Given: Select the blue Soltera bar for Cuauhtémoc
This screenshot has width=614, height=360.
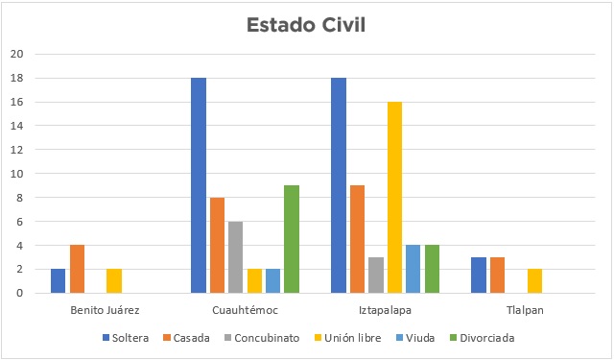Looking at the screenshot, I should (199, 185).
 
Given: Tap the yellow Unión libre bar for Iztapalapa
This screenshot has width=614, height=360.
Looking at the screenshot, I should (394, 197).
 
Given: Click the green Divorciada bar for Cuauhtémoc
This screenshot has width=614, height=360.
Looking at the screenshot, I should (292, 239).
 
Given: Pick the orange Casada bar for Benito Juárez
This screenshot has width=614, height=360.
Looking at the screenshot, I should (77, 269).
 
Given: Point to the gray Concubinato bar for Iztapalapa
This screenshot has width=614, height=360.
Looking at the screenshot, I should (375, 275).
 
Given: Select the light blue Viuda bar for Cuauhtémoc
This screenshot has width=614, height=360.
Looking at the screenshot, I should (272, 280).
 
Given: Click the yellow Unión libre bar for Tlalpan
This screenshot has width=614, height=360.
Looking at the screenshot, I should (534, 280).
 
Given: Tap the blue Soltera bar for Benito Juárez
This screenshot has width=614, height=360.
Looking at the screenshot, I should (58, 280).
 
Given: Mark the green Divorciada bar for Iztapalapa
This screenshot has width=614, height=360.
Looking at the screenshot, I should (432, 269).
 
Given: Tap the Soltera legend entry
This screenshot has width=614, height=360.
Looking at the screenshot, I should (132, 338).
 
